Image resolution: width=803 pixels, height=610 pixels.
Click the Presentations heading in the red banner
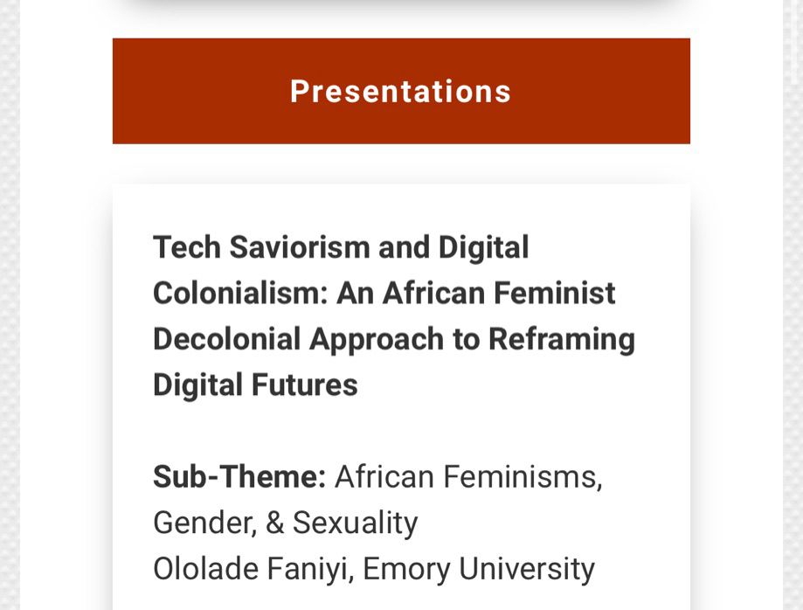click(x=400, y=92)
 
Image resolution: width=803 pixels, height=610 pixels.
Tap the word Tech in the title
click(x=186, y=247)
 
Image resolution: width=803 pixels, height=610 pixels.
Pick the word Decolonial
click(x=226, y=339)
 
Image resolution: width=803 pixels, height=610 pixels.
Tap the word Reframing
click(x=562, y=339)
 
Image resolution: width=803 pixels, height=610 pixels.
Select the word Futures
click(x=307, y=385)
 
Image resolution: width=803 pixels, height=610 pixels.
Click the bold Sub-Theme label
click(x=239, y=477)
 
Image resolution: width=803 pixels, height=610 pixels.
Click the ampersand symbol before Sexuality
click(x=275, y=523)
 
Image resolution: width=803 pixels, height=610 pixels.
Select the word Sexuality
click(x=355, y=523)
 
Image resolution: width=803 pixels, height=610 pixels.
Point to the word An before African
click(x=356, y=294)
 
